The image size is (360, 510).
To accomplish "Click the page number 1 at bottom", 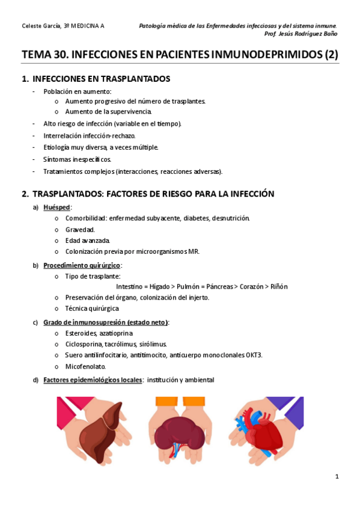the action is [x=337, y=477].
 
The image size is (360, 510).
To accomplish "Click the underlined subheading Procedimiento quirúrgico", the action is [x=82, y=265].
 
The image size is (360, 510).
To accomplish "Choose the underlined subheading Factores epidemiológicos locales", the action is [x=93, y=379].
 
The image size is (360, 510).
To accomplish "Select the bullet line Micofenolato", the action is [x=85, y=366].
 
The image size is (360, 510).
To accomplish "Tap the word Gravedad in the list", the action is [x=80, y=229].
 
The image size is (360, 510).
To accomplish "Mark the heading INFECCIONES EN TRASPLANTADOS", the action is [x=101, y=79].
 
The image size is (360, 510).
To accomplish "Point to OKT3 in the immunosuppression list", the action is [x=254, y=355].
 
